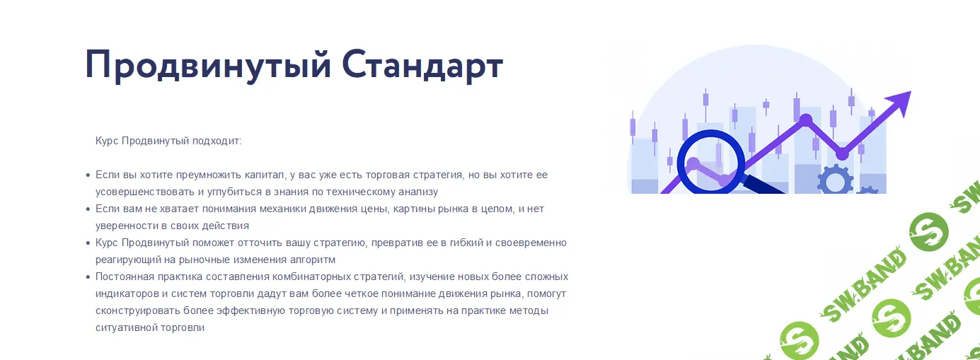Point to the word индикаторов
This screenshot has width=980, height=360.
(122, 294)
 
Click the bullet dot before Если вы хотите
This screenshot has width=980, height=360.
(88, 175)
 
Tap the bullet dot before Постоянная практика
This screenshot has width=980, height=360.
(88, 277)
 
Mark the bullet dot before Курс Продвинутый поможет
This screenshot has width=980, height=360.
(88, 243)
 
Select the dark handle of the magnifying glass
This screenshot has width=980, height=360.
(764, 185)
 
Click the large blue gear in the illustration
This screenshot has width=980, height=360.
(836, 180)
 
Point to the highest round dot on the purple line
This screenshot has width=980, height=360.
(805, 120)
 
